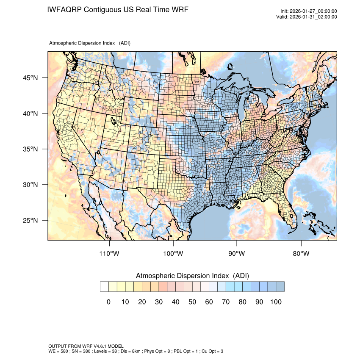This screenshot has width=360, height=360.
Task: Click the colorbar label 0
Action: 109,302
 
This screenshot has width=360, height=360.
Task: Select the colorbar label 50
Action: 192,302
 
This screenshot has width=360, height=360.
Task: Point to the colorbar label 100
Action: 275,302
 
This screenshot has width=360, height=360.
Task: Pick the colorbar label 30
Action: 159,302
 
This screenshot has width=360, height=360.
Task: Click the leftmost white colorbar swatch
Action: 105,287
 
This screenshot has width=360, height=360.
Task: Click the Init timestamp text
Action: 309,11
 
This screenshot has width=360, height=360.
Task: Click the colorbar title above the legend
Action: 192,276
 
